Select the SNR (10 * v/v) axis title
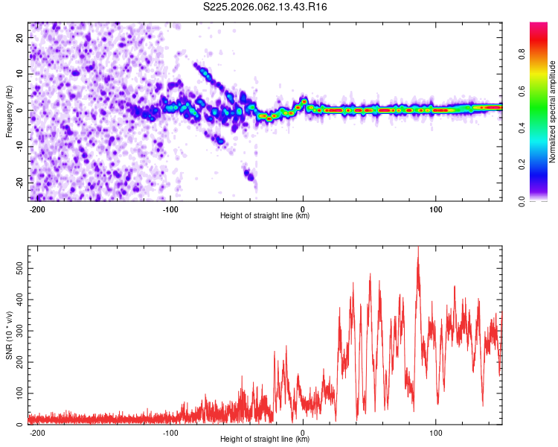(9, 335)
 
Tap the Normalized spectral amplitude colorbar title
(553, 112)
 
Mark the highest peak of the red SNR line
(418, 248)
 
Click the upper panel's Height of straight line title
(265, 216)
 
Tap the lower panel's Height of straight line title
(265, 440)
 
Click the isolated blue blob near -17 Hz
(250, 176)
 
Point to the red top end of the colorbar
(539, 25)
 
